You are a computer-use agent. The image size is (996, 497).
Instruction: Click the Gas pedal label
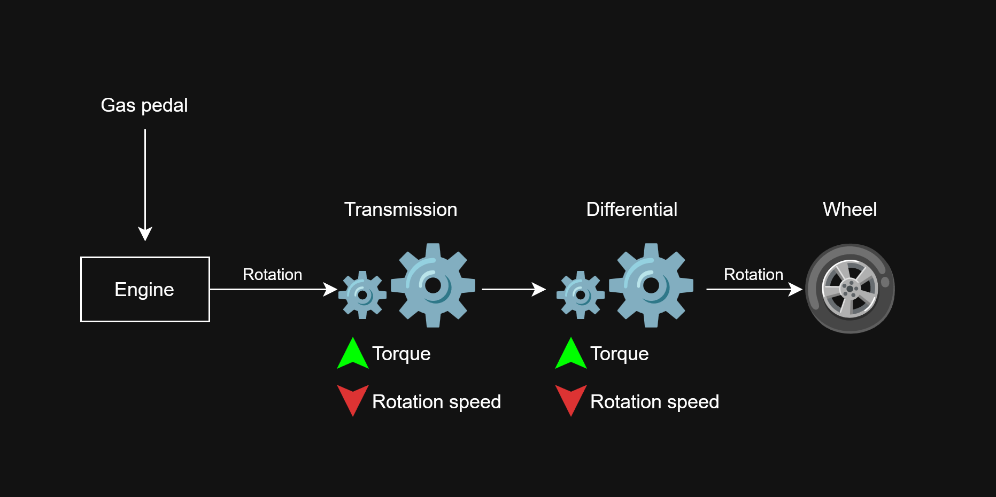point(144,105)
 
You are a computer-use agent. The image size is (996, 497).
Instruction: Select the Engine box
point(145,289)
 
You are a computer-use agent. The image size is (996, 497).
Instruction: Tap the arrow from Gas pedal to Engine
point(145,185)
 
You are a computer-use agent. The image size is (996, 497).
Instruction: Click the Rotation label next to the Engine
point(272,275)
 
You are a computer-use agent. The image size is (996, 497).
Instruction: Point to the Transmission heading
point(400,209)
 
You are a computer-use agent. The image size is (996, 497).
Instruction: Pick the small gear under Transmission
point(362,294)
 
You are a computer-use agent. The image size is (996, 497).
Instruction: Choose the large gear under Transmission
point(433,285)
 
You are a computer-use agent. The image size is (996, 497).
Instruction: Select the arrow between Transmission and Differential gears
point(514,289)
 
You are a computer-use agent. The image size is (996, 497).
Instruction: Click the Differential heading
point(631,209)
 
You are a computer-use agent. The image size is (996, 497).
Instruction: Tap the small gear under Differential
point(581,294)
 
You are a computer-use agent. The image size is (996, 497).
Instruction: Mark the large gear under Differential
point(651,285)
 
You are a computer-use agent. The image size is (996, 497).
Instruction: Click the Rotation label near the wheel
point(753,275)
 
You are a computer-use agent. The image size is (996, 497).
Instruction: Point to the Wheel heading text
point(850,209)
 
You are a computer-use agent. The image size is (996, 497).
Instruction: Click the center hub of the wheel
point(850,289)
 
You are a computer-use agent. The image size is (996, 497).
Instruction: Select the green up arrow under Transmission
point(353,353)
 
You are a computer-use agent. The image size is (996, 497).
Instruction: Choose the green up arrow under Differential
point(571,353)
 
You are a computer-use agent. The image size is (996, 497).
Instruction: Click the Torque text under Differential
point(619,354)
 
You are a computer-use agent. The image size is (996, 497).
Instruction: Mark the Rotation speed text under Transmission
point(436,402)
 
